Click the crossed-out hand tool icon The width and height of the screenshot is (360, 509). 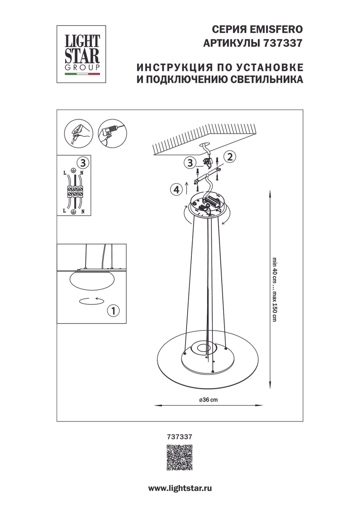tap(78, 134)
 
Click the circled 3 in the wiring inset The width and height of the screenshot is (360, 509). tap(83, 163)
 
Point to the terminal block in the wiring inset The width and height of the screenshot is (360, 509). tap(74, 190)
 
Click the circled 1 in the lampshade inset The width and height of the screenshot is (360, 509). tap(113, 310)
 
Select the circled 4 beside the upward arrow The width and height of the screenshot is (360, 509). tap(176, 189)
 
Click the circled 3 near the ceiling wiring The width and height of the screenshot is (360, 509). tap(190, 163)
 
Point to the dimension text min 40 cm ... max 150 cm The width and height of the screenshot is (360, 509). tap(275, 289)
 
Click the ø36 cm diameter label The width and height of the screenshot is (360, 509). tap(208, 400)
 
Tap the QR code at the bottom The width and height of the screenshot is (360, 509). tap(179, 458)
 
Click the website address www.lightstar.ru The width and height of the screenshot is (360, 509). tap(180, 488)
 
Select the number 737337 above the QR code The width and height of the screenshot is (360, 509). tap(180, 437)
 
